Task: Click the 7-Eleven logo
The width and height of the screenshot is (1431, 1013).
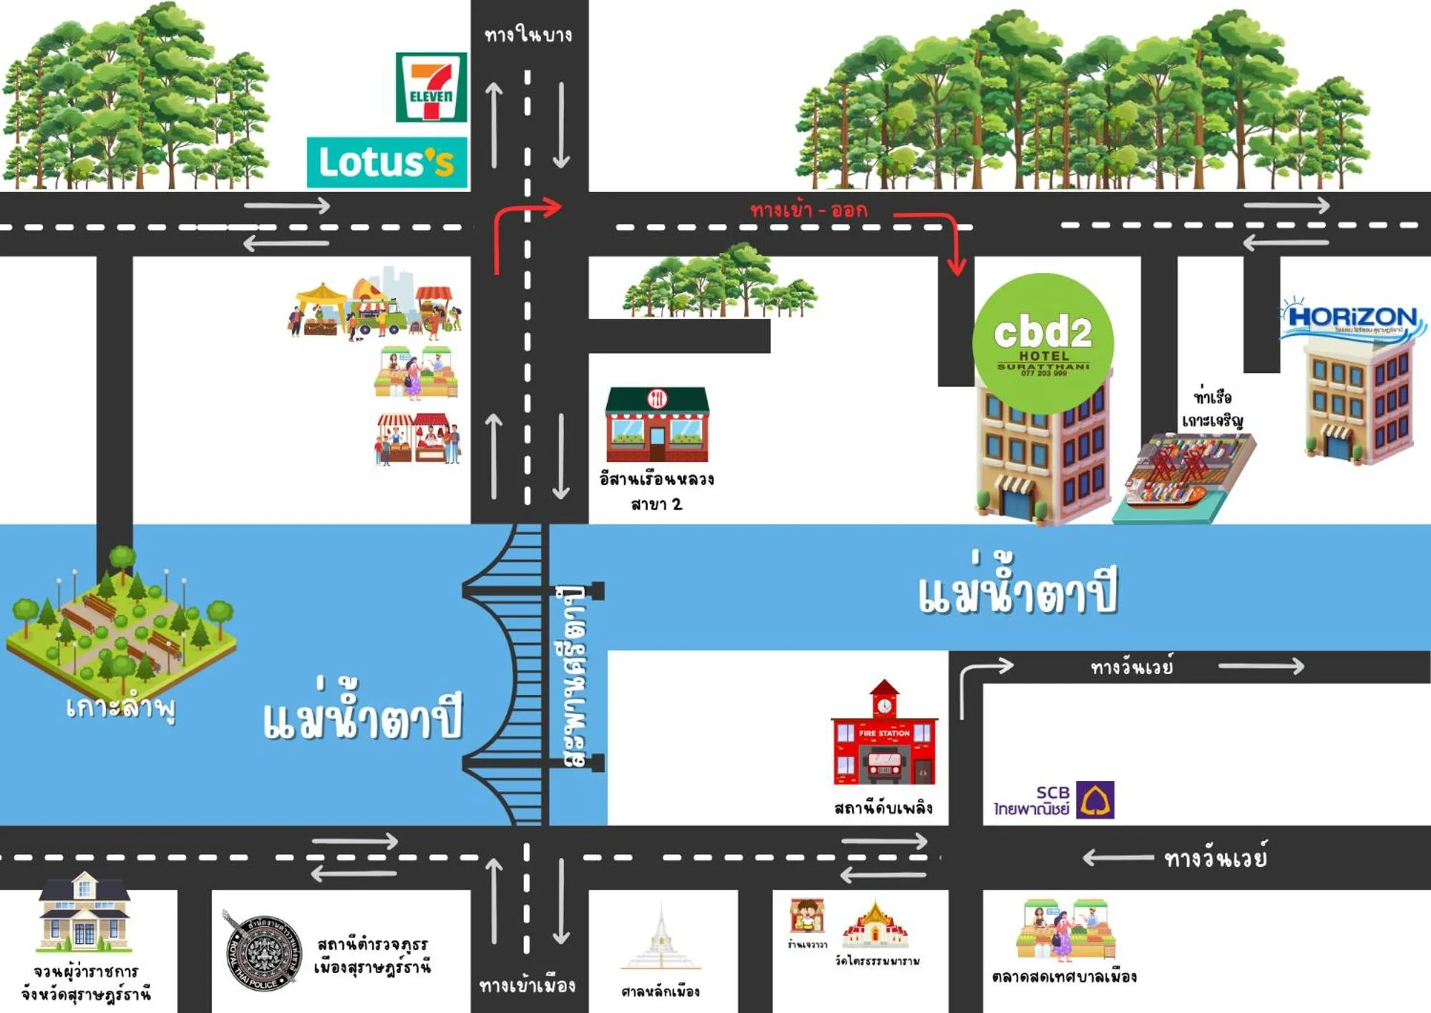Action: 431,87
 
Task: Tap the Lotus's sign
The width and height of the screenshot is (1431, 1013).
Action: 387,163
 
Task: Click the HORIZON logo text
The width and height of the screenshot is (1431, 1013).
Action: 1352,317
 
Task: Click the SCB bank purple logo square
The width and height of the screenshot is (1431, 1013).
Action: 1095,800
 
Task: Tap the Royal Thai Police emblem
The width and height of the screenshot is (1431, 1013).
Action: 262,952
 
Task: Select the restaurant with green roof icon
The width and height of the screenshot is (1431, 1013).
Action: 657,424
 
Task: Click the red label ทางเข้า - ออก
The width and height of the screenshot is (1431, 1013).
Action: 808,210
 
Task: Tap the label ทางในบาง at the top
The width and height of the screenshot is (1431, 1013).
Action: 528,34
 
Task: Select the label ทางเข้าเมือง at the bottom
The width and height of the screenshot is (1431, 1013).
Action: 527,986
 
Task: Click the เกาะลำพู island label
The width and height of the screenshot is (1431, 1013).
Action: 120,708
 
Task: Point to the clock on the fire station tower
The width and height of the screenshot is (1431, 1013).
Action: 885,706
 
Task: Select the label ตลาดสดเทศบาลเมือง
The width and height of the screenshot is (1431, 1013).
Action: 1064,976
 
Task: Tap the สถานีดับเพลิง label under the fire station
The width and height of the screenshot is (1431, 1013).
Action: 883,808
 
